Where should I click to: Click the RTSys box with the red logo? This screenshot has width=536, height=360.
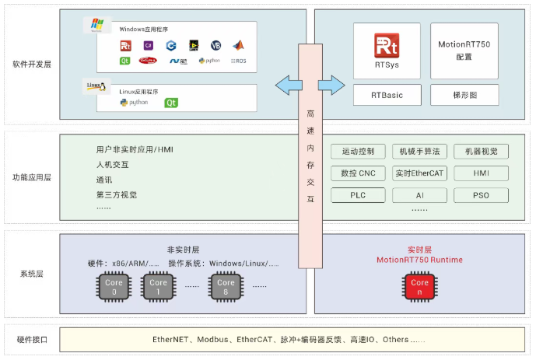click(387, 51)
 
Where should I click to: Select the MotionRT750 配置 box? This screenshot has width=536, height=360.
click(464, 51)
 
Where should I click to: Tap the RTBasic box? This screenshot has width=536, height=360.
click(387, 96)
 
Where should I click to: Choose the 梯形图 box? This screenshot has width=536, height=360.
click(464, 96)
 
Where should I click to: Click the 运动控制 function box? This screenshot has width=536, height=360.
click(358, 152)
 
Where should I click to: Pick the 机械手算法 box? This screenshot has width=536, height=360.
click(420, 152)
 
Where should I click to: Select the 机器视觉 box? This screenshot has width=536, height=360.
click(481, 152)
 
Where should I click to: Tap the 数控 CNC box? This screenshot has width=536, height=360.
click(358, 173)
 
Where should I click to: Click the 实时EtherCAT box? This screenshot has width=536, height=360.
click(420, 173)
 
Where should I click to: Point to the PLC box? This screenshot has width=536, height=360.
click(358, 195)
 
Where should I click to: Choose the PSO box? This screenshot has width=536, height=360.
click(481, 195)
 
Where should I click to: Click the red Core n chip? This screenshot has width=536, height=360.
click(419, 287)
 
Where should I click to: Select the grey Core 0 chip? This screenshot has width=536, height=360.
click(114, 287)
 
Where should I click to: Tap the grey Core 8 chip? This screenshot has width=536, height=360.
click(226, 287)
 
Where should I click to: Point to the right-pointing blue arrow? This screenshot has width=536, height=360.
click(331, 83)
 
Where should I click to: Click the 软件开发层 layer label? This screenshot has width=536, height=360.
click(32, 65)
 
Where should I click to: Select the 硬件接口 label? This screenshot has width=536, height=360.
click(32, 340)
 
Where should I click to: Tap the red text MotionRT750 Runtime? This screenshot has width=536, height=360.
click(419, 260)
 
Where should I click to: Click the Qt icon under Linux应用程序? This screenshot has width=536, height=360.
click(171, 103)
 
